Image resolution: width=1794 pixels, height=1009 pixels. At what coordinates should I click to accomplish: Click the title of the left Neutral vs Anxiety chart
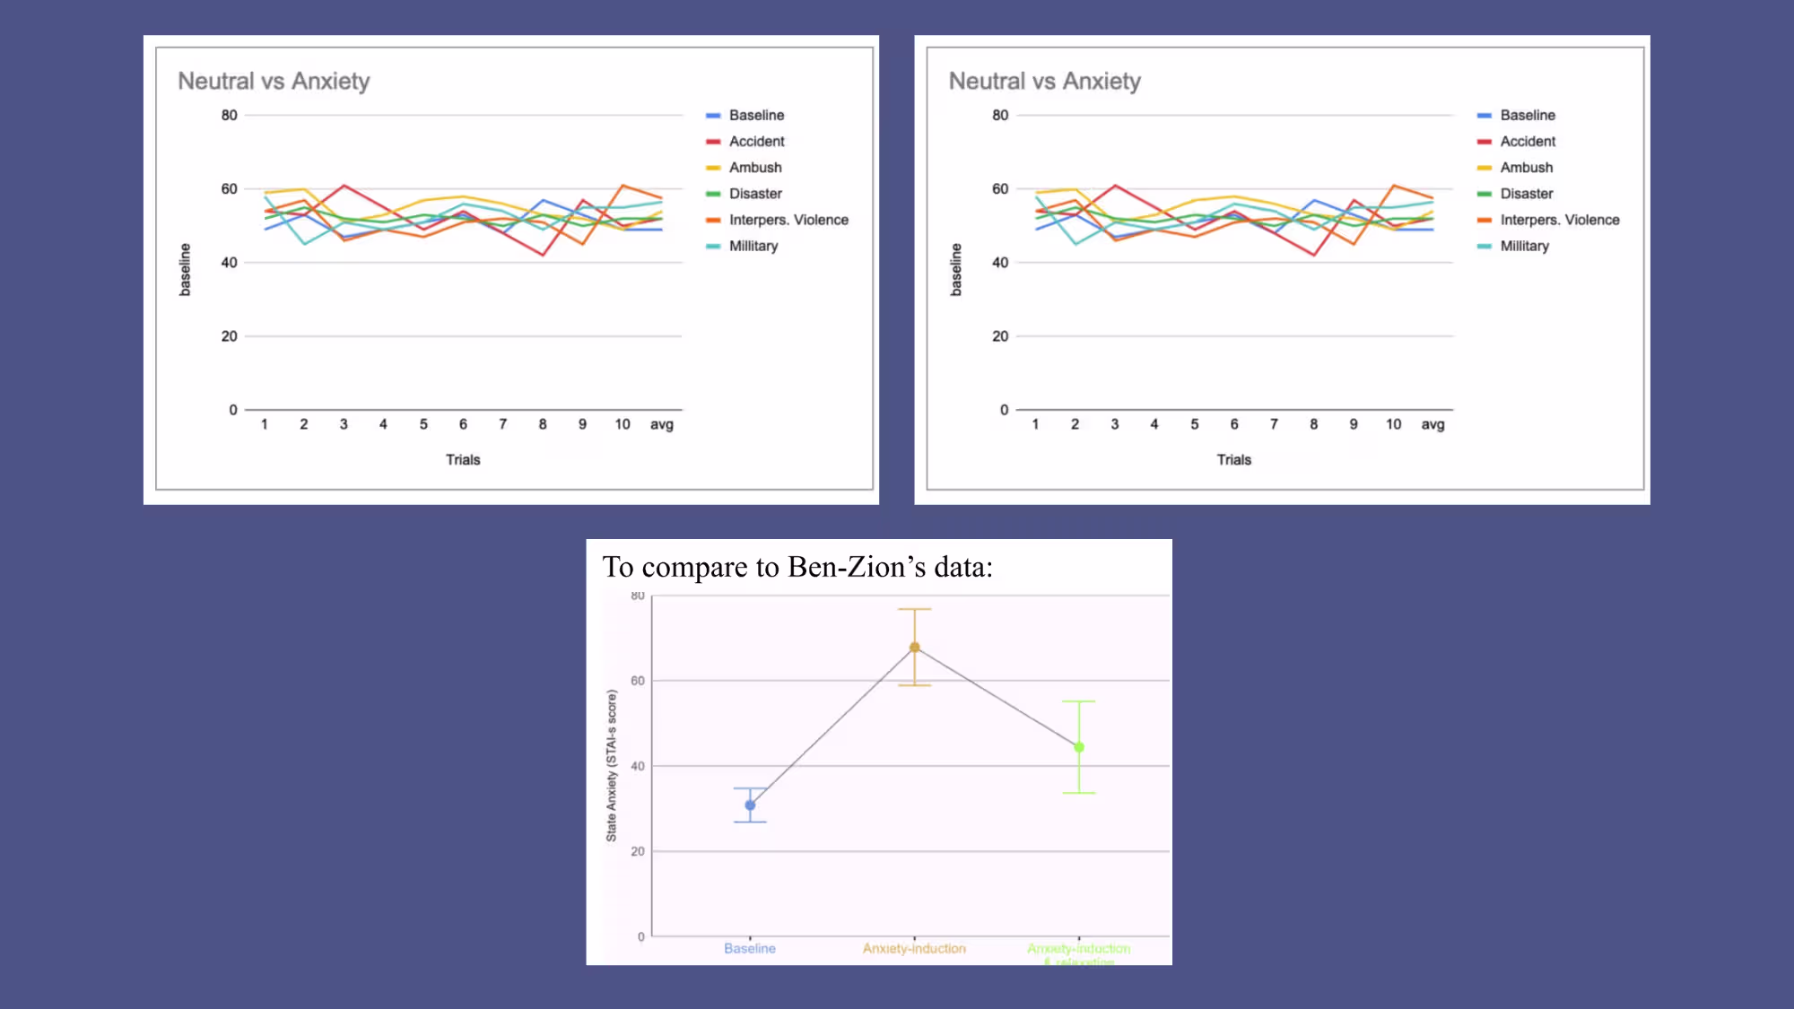tap(274, 82)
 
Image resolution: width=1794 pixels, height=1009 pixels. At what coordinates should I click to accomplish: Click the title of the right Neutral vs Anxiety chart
tap(1044, 82)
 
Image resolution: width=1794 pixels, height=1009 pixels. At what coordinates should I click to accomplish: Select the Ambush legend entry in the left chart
tap(754, 168)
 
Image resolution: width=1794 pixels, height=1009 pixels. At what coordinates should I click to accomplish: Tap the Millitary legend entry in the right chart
tap(1524, 246)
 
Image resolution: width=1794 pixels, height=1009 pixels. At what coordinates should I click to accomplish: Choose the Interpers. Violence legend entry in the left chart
tap(788, 220)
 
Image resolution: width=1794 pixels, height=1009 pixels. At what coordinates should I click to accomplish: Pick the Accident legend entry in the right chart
tap(1527, 142)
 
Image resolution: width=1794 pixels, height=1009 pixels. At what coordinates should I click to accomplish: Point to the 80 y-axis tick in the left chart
tap(230, 116)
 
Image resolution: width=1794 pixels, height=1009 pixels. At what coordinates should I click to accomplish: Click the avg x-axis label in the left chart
tap(661, 424)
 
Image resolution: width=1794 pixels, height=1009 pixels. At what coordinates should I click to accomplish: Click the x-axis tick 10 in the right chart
tap(1393, 424)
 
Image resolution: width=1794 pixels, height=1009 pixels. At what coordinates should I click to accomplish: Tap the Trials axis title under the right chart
tap(1233, 460)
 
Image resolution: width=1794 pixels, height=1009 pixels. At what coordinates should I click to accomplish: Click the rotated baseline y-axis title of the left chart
tap(186, 269)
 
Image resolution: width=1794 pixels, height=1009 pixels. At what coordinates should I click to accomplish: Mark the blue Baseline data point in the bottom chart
tap(750, 805)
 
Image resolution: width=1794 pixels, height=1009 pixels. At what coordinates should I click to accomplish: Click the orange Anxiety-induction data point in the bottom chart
tap(914, 648)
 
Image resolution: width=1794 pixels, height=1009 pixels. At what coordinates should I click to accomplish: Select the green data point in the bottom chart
tap(1078, 747)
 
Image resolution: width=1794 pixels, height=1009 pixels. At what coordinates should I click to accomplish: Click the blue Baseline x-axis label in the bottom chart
tap(749, 949)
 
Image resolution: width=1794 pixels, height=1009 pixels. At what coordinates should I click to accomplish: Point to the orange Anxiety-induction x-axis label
tap(914, 949)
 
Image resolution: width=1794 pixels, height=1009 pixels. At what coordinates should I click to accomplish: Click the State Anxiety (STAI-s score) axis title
tap(612, 765)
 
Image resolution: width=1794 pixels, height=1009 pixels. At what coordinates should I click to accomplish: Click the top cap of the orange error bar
tap(914, 610)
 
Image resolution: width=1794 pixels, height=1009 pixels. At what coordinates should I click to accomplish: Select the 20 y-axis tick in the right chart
tap(1000, 336)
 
